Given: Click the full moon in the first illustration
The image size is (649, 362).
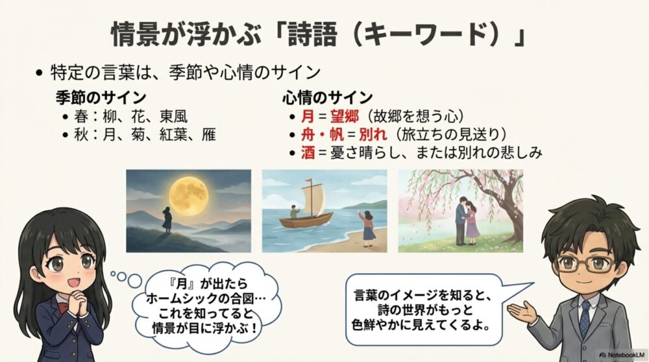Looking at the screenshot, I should point(189,192).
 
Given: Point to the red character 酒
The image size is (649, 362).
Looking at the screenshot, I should point(308,152).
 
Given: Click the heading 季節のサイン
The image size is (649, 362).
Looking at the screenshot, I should point(101,98).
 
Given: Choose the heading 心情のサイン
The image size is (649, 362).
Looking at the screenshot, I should point(327,98).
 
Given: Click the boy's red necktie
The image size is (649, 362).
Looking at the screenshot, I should point(585,318).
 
